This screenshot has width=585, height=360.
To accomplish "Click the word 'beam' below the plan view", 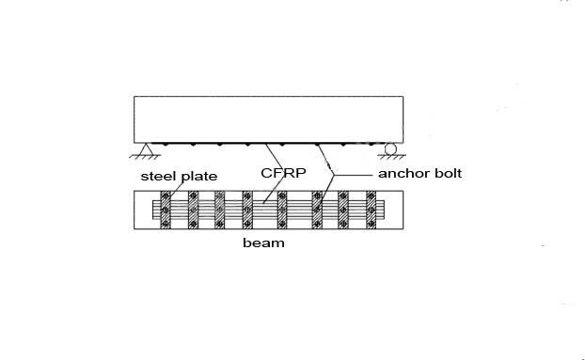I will (263, 243).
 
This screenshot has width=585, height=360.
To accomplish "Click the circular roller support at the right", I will (388, 149).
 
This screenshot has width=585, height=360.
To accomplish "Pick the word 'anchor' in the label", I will (403, 174).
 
